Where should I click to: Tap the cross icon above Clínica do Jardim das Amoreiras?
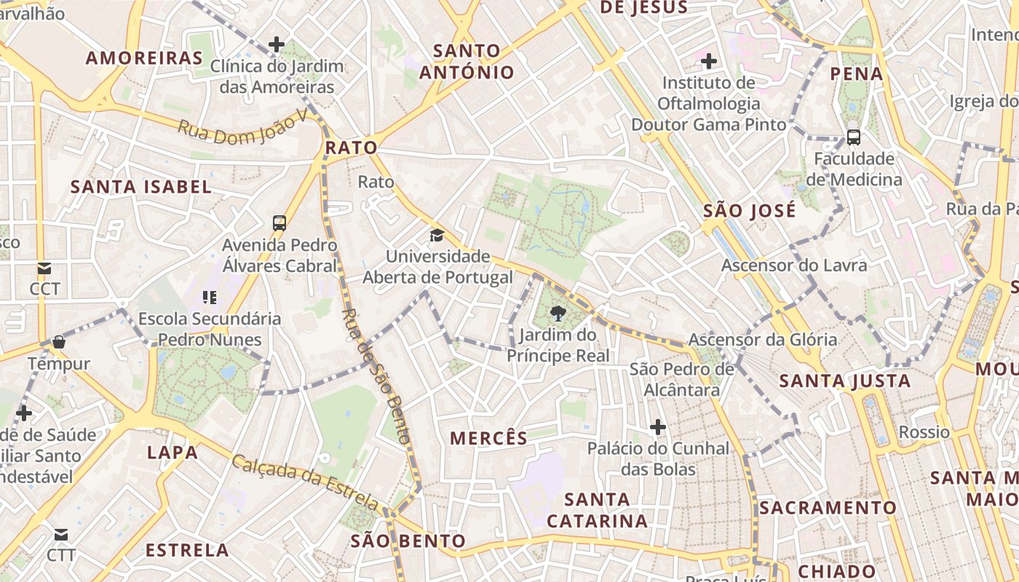(x=277, y=44)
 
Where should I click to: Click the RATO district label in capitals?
(x=352, y=148)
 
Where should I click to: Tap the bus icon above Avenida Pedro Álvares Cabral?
(x=279, y=223)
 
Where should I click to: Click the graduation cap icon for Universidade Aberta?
(x=437, y=235)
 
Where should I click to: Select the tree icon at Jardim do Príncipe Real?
(x=558, y=314)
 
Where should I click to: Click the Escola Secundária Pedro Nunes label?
(x=210, y=329)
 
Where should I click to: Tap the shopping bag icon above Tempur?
(x=59, y=342)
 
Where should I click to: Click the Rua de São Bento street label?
(x=376, y=377)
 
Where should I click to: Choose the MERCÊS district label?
(x=488, y=438)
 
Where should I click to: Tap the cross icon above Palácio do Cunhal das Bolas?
(x=658, y=426)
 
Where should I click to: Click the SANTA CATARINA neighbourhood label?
(x=597, y=510)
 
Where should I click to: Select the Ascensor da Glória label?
(x=763, y=340)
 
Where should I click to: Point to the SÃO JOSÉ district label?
(x=750, y=211)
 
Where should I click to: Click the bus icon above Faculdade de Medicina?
(x=854, y=137)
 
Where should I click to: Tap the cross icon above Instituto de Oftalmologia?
(x=709, y=61)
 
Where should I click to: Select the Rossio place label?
(x=924, y=432)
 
